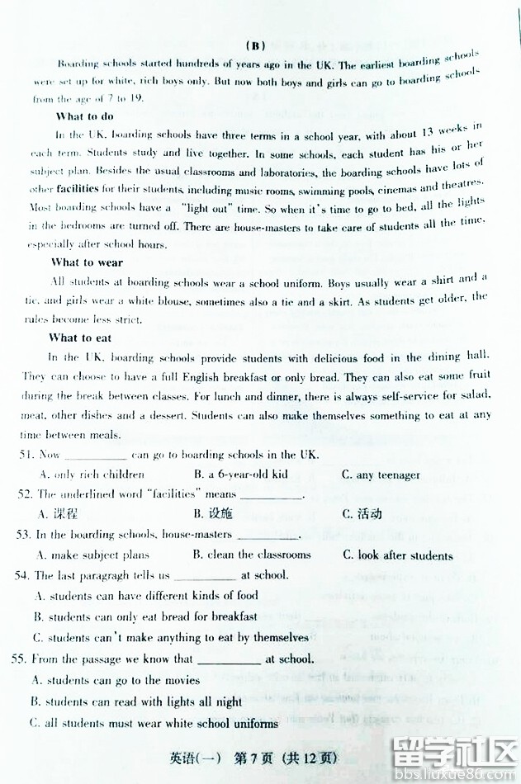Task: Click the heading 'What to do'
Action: (x=84, y=116)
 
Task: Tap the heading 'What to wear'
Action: (x=87, y=262)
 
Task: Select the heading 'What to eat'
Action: (x=80, y=338)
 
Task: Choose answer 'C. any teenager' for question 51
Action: (x=381, y=475)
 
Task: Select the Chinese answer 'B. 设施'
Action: (x=213, y=514)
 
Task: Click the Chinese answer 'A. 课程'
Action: (x=58, y=514)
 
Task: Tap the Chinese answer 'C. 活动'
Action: (x=362, y=514)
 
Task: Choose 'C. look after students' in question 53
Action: (x=397, y=555)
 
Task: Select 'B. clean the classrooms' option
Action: (x=253, y=555)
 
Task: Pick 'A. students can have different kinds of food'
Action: (x=146, y=595)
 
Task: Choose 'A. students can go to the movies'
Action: (x=115, y=680)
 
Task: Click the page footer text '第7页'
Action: (x=253, y=758)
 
